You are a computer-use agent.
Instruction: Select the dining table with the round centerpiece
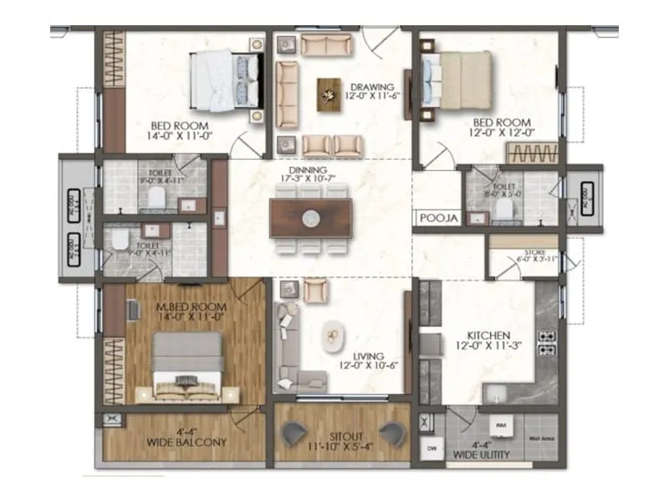(310, 218)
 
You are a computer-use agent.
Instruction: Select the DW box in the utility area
(432, 448)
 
